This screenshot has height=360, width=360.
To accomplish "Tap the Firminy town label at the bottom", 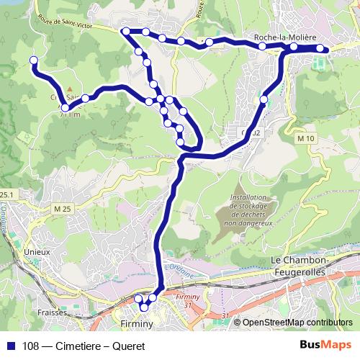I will [x=138, y=325].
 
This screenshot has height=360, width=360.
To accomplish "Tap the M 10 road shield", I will [x=307, y=138].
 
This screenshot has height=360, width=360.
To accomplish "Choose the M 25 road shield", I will [x=63, y=209].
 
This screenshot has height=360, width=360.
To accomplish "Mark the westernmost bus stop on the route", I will [x=33, y=60].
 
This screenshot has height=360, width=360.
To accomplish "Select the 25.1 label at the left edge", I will [x=6, y=194].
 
